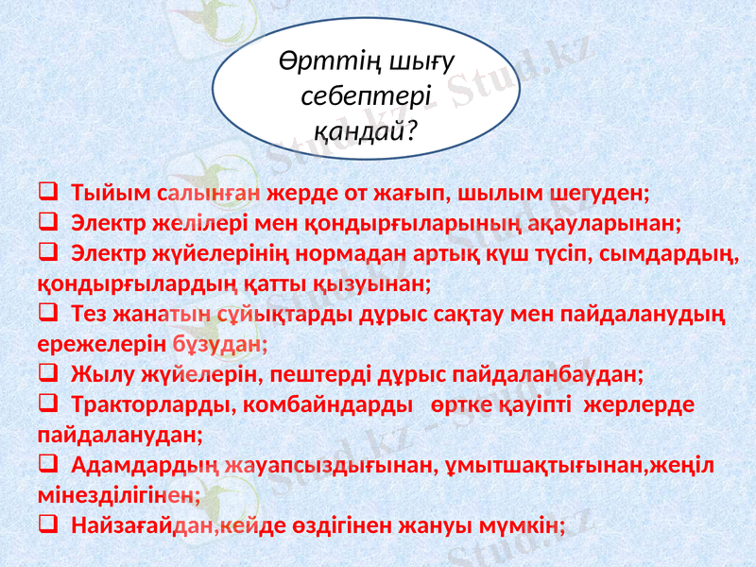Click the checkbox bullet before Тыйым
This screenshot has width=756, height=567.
pyautogui.click(x=46, y=193)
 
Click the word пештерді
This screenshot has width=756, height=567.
pyautogui.click(x=313, y=374)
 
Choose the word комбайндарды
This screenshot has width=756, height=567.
pyautogui.click(x=327, y=404)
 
